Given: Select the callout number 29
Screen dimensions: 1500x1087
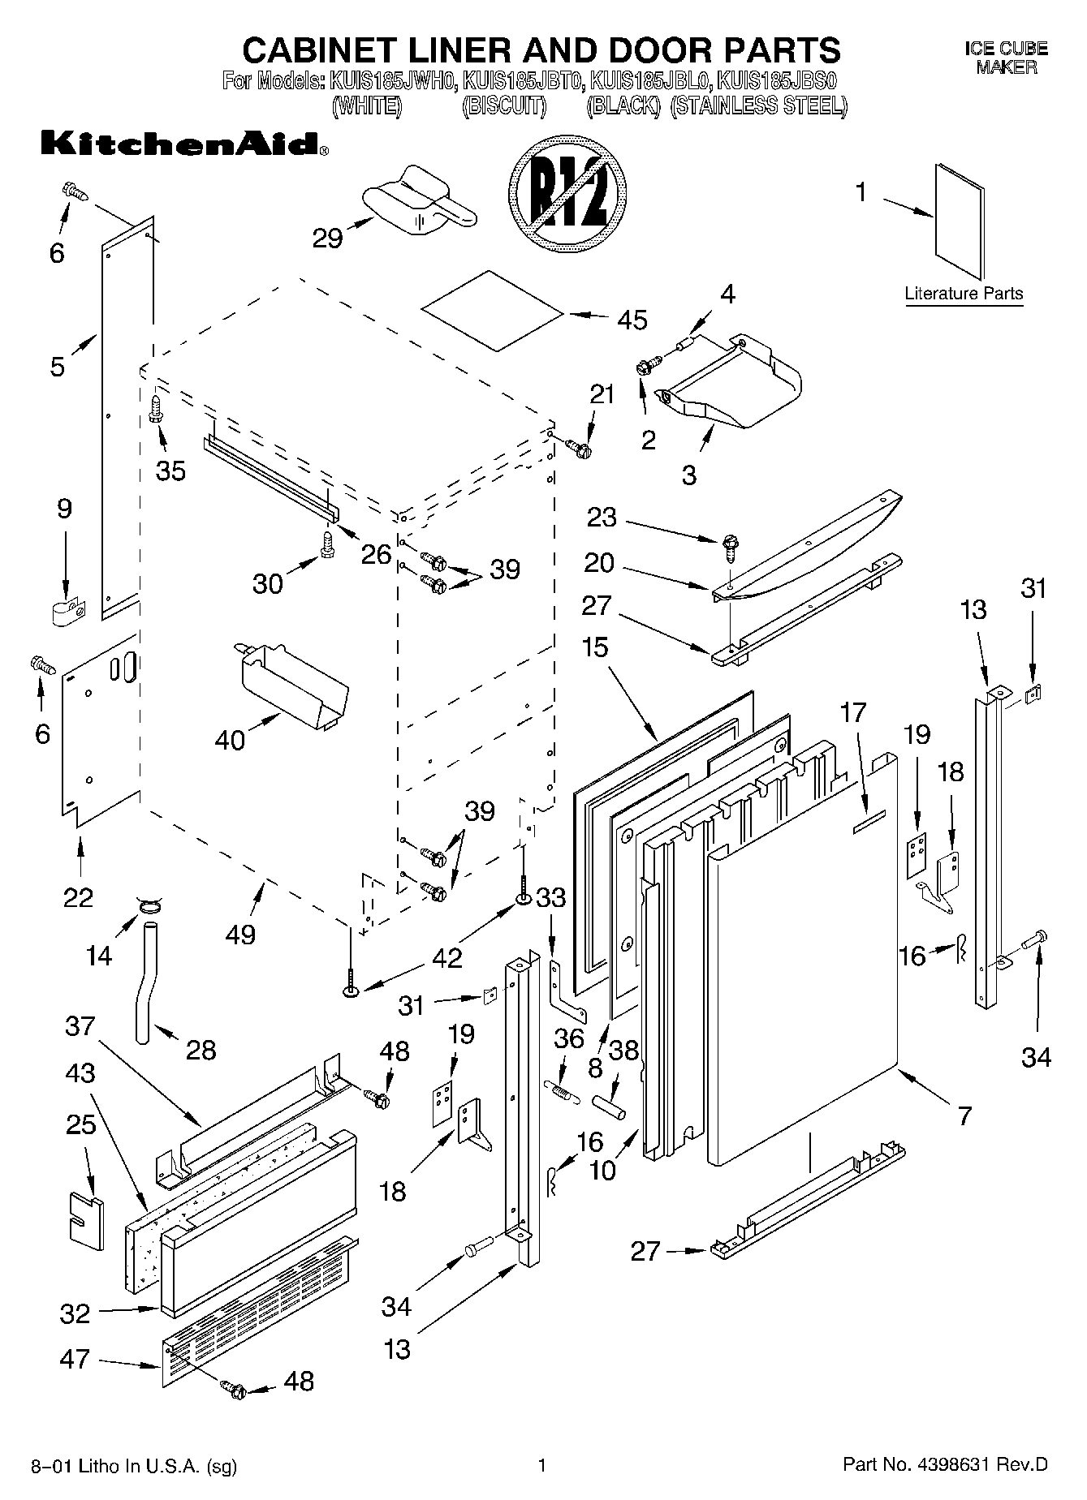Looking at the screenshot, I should point(327,239).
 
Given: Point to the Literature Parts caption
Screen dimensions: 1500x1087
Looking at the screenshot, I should point(964,294).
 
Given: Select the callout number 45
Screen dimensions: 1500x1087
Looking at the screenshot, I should point(632,320).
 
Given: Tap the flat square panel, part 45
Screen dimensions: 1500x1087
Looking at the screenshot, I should point(492,311).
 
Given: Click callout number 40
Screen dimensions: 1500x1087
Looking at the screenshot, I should point(230,739).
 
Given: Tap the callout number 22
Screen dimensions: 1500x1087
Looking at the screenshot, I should point(78,897).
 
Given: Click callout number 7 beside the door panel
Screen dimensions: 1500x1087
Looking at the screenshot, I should point(964,1115).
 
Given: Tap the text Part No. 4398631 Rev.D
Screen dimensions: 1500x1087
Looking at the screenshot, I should point(945,1465).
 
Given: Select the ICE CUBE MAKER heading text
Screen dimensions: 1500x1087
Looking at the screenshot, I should point(1006,58).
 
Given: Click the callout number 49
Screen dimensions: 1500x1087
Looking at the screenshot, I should point(241,934).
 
